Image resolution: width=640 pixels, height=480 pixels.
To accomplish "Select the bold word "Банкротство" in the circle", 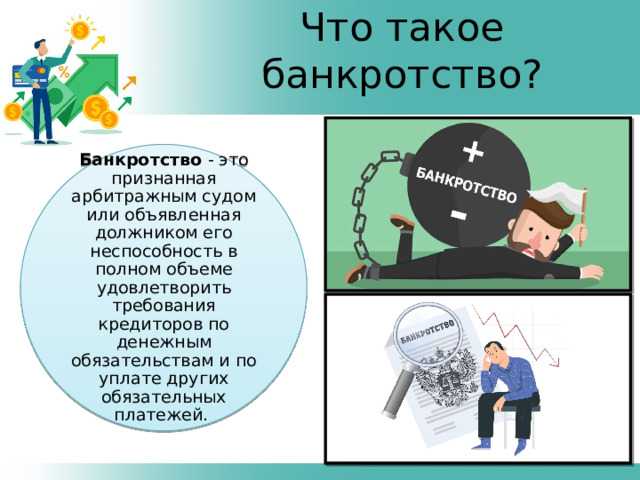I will tap(141, 160).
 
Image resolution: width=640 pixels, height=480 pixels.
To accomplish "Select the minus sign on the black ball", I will tap(458, 214).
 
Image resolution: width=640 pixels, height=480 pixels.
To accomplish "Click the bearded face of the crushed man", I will tap(530, 233).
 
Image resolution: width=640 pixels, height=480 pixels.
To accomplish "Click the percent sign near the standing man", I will tap(63, 71).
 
